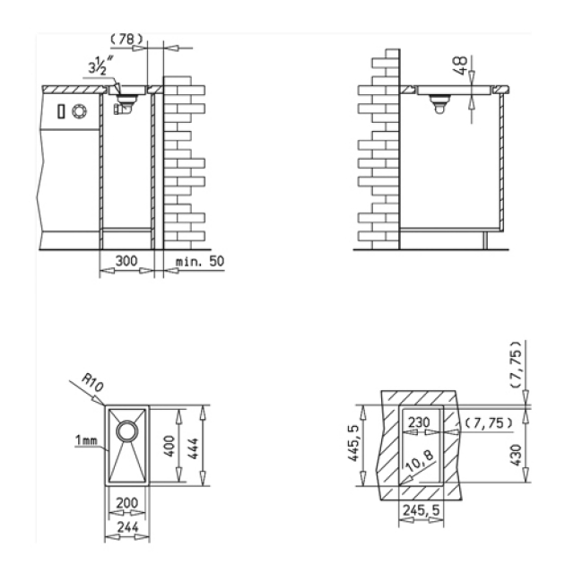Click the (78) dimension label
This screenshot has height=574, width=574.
[126, 39]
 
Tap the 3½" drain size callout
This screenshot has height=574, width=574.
[98, 66]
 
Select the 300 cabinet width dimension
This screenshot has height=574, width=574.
[126, 261]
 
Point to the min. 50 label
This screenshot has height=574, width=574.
[200, 261]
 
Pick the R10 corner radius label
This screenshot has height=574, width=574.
[92, 383]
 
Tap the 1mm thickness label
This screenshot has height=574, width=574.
[86, 440]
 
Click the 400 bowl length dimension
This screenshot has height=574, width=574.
[170, 446]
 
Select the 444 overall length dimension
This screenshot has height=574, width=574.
[193, 448]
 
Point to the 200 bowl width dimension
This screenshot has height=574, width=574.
[127, 503]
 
